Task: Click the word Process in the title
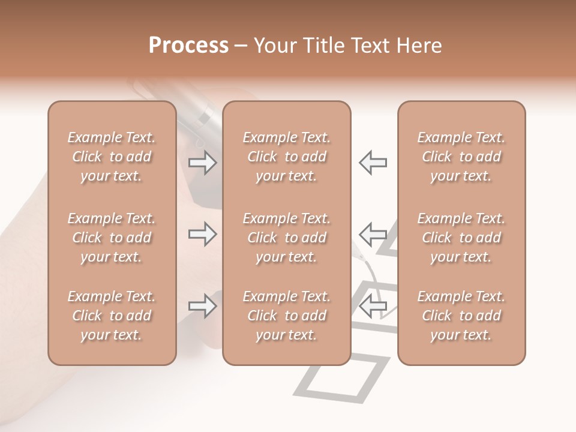coord(188,46)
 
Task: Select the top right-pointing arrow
coord(202,163)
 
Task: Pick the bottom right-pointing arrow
coord(202,306)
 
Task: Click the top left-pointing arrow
coord(373,163)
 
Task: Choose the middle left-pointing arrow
coord(373,234)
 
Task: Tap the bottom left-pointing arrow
coord(373,306)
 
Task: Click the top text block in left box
coord(112,157)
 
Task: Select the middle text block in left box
coord(112,238)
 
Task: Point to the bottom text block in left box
coord(112,316)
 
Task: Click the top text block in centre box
coord(287,157)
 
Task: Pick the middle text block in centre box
coord(287,238)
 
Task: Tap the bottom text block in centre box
coord(287,316)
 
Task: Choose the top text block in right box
coord(461,157)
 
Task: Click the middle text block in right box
coord(461,238)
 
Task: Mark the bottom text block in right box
coord(461,316)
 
